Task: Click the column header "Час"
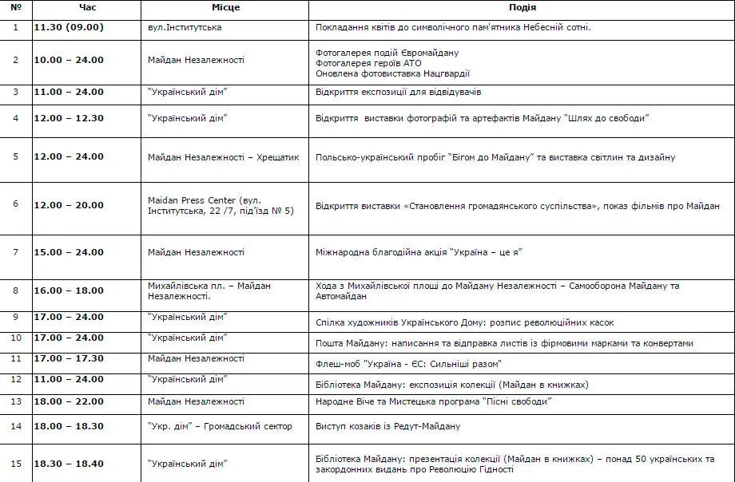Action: pos(87,7)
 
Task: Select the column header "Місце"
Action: pos(225,7)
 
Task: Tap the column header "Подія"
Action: pos(522,7)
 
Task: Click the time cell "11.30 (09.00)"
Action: pos(69,27)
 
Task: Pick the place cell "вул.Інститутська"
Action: pos(185,27)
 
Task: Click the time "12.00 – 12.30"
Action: pos(69,118)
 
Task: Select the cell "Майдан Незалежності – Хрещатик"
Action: pos(224,157)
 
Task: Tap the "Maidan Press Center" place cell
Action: pos(220,205)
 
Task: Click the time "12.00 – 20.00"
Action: pos(69,205)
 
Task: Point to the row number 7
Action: pos(16,252)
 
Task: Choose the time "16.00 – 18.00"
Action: pos(69,290)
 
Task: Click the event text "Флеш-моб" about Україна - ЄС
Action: pos(408,364)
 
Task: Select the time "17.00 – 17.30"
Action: pos(69,358)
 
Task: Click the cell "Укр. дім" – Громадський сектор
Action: pos(220,426)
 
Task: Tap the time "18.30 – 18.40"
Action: pos(69,464)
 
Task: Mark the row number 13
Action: pos(16,401)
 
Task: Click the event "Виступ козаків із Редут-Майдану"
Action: pos(388,426)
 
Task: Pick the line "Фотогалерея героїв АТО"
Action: pos(368,63)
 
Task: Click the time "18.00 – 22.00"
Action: pos(69,401)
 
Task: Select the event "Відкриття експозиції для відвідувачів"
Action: pos(399,92)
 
